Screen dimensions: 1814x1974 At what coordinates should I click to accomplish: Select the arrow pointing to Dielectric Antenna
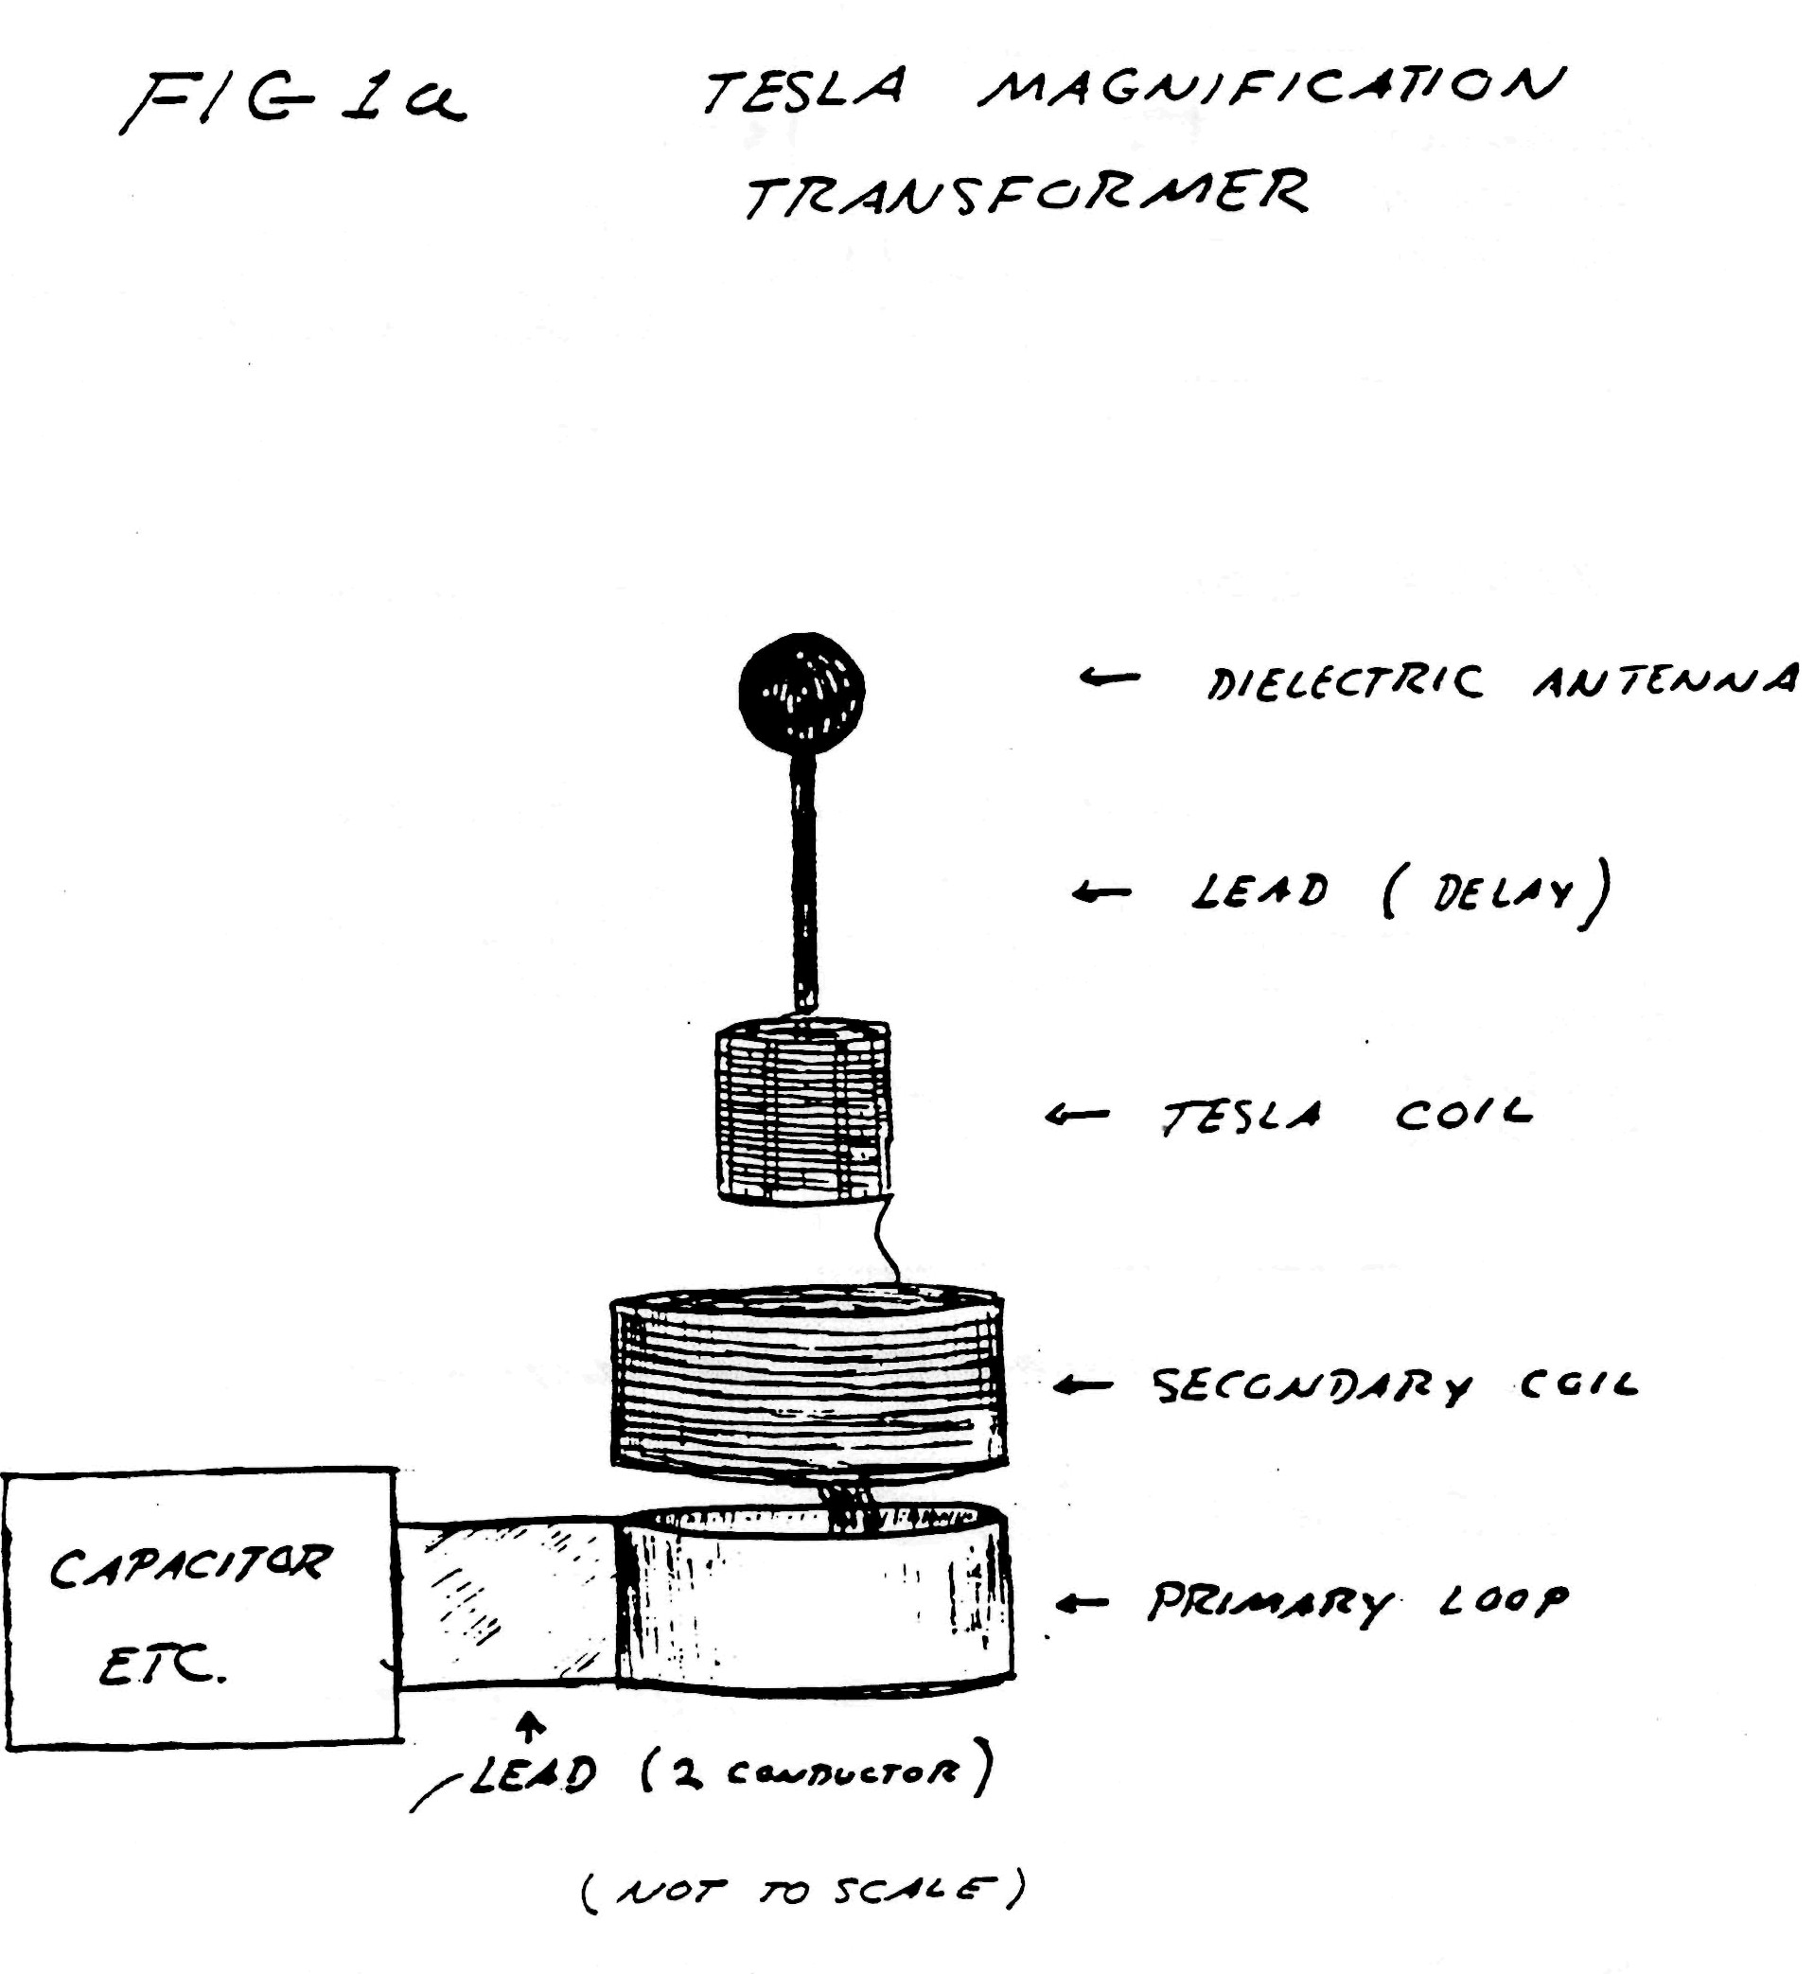pyautogui.click(x=1109, y=677)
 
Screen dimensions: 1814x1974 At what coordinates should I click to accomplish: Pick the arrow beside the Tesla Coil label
pyautogui.click(x=1077, y=1114)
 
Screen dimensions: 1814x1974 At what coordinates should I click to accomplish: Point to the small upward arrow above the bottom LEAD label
pyautogui.click(x=531, y=1729)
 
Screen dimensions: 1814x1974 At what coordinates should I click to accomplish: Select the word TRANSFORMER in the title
pyautogui.click(x=1026, y=193)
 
